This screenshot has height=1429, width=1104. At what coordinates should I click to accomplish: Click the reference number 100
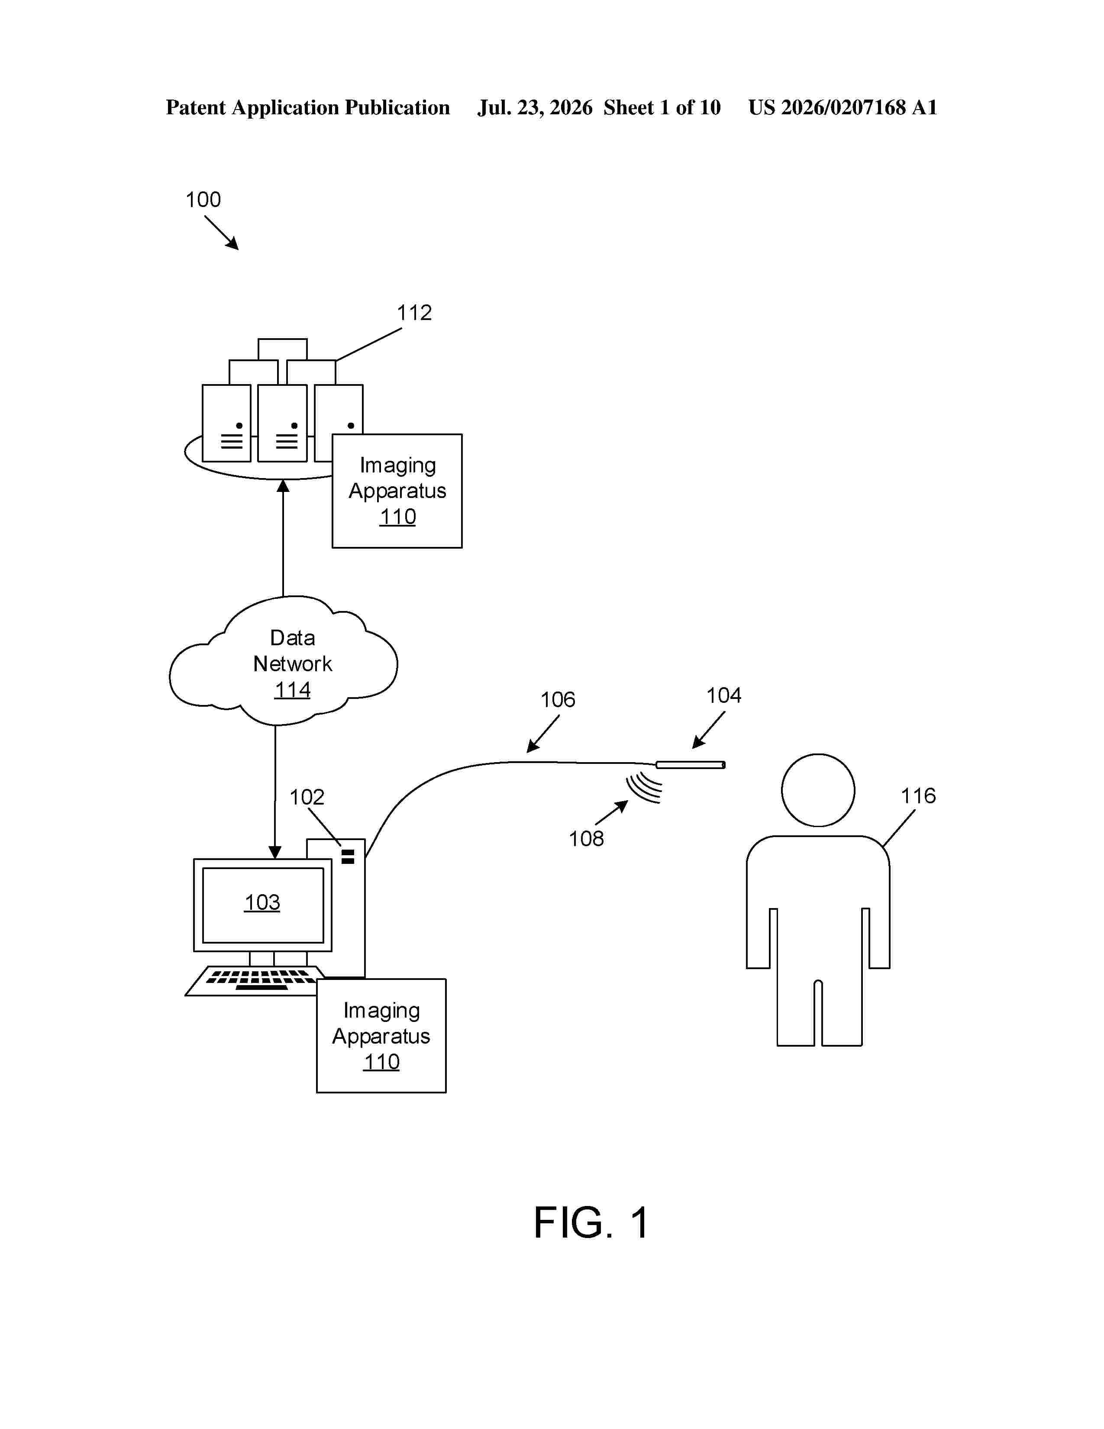pyautogui.click(x=203, y=200)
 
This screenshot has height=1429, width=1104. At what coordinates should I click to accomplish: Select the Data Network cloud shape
pyautogui.click(x=283, y=661)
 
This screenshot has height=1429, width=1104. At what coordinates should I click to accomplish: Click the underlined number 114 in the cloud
pyautogui.click(x=292, y=690)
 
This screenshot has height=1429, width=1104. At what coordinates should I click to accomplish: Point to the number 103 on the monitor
pyautogui.click(x=262, y=902)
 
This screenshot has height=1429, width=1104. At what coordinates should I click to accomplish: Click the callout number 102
pyautogui.click(x=307, y=797)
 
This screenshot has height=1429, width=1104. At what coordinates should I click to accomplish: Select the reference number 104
pyautogui.click(x=723, y=695)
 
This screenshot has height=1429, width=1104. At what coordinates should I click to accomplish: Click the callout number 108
pyautogui.click(x=586, y=838)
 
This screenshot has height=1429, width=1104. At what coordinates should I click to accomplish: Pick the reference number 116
pyautogui.click(x=918, y=795)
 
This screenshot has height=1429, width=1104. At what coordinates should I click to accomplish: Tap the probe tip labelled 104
pyautogui.click(x=691, y=765)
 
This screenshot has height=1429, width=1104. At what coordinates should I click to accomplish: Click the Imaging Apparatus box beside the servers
pyautogui.click(x=397, y=491)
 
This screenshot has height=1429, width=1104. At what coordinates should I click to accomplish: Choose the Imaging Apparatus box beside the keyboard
pyautogui.click(x=381, y=1036)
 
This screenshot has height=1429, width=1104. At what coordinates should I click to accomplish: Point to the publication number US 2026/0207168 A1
pyautogui.click(x=843, y=107)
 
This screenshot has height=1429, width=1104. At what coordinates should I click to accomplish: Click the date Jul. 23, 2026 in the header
pyautogui.click(x=535, y=107)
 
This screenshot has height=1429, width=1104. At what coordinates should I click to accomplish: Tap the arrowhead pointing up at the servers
pyautogui.click(x=283, y=485)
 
